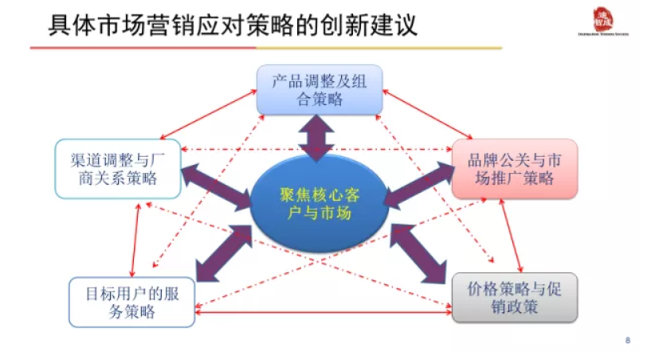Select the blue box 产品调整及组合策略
(x=319, y=89)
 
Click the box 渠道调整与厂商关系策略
(x=117, y=168)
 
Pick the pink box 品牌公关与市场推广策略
(x=514, y=168)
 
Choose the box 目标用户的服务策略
(x=131, y=302)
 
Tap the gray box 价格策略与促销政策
(x=514, y=298)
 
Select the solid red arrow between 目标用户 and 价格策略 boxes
(x=323, y=313)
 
